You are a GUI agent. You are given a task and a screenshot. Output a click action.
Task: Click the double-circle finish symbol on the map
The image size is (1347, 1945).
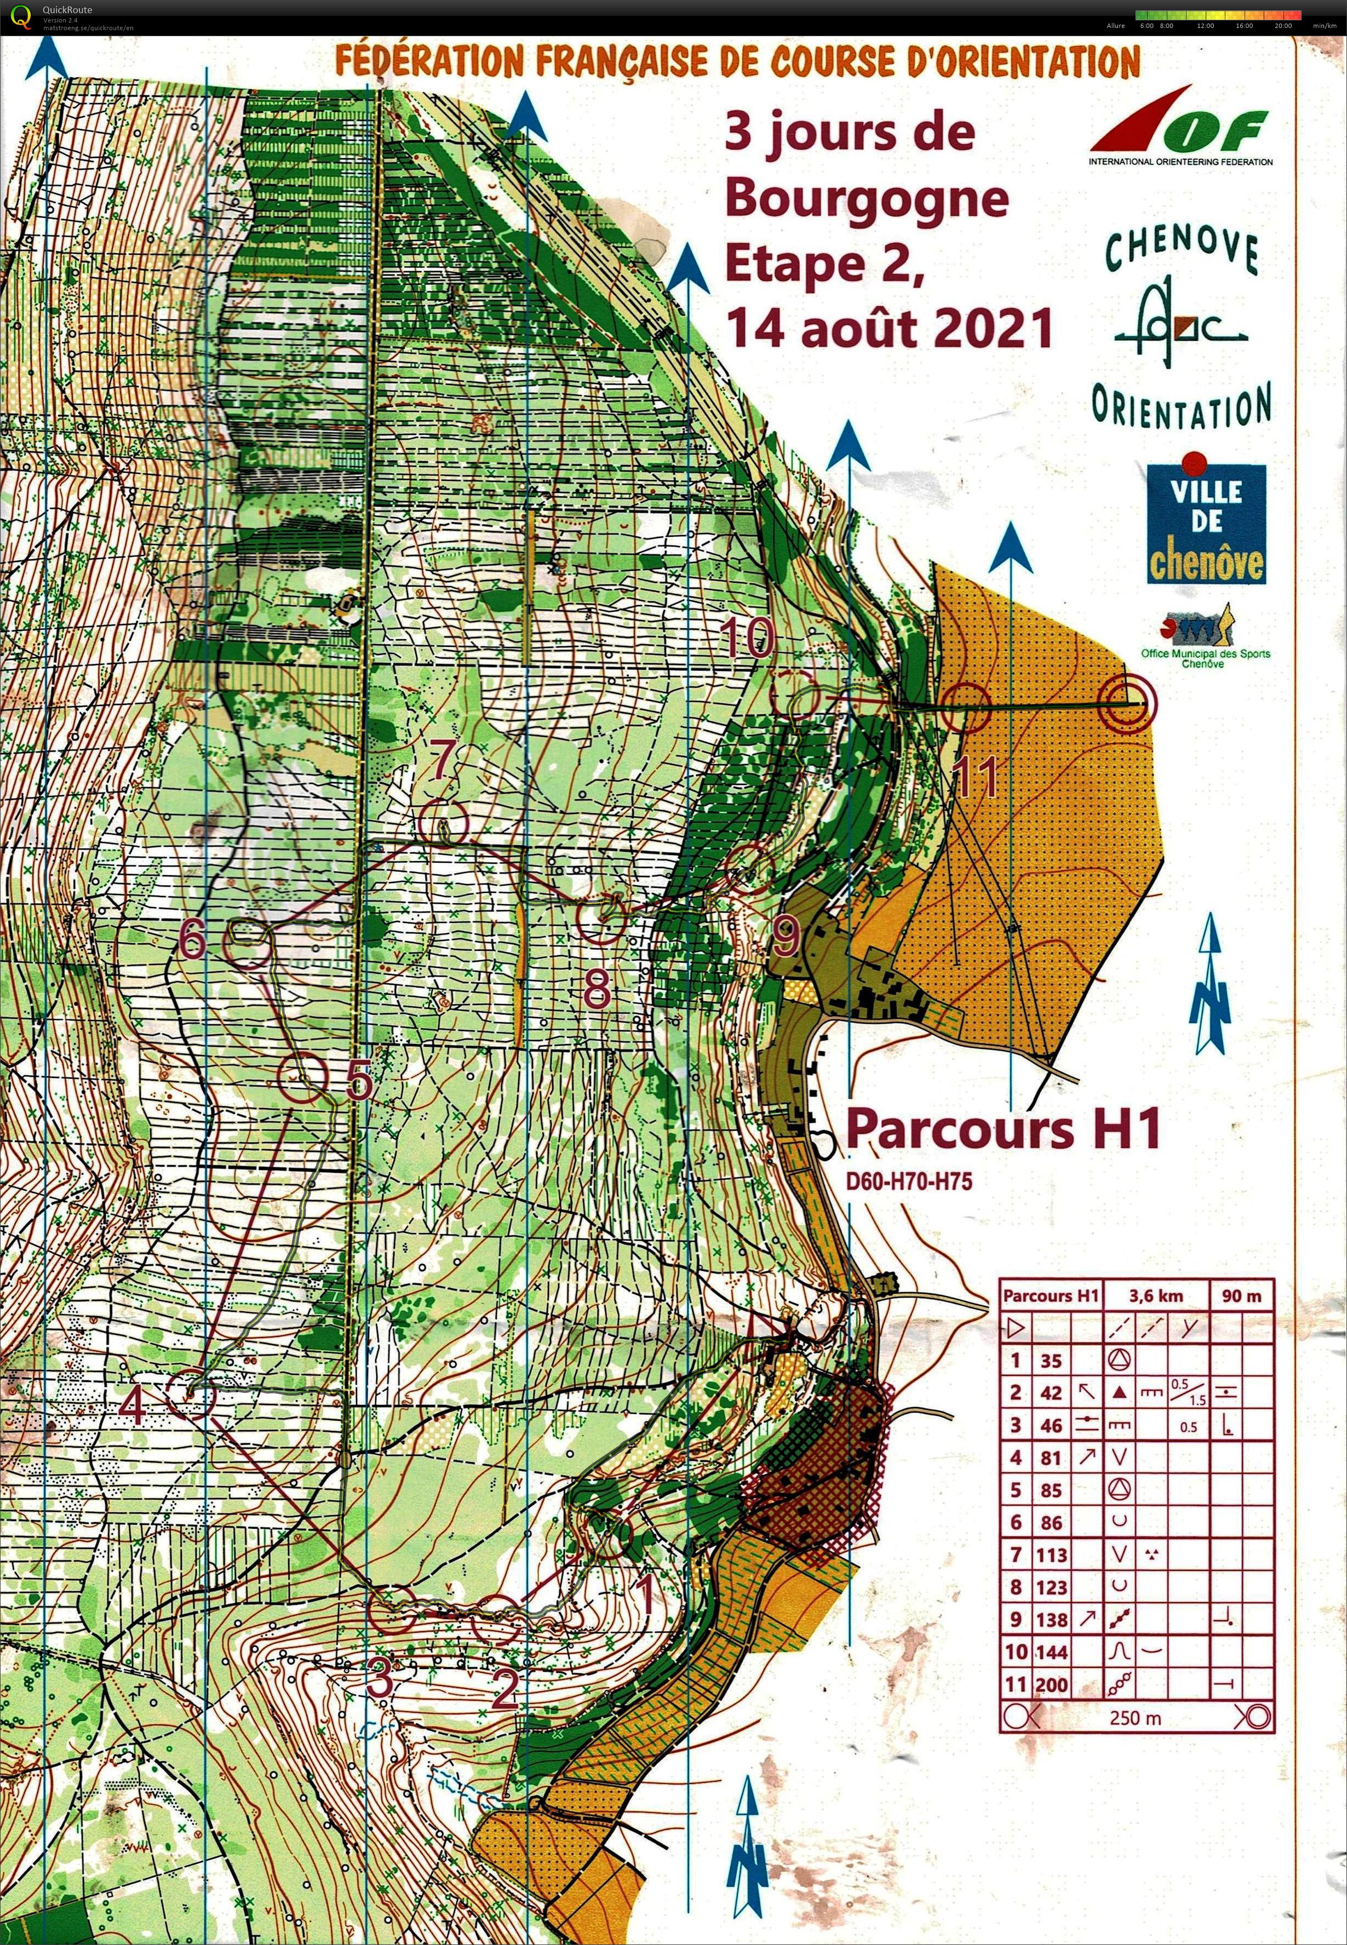click(x=1127, y=703)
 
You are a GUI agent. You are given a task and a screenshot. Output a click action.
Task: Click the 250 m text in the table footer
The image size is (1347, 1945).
click(x=1135, y=1717)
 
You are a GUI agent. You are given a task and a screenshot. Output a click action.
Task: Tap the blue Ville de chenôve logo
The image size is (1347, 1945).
click(x=1205, y=523)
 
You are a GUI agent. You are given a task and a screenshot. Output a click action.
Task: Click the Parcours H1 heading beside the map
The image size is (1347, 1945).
click(x=1002, y=1128)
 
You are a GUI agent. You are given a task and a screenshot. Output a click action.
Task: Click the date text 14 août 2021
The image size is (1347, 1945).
click(x=890, y=328)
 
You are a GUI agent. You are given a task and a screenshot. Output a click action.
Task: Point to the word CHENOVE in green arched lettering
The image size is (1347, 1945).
click(x=1182, y=249)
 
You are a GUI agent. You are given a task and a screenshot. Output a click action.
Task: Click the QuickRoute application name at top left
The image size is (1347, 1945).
click(x=67, y=10)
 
